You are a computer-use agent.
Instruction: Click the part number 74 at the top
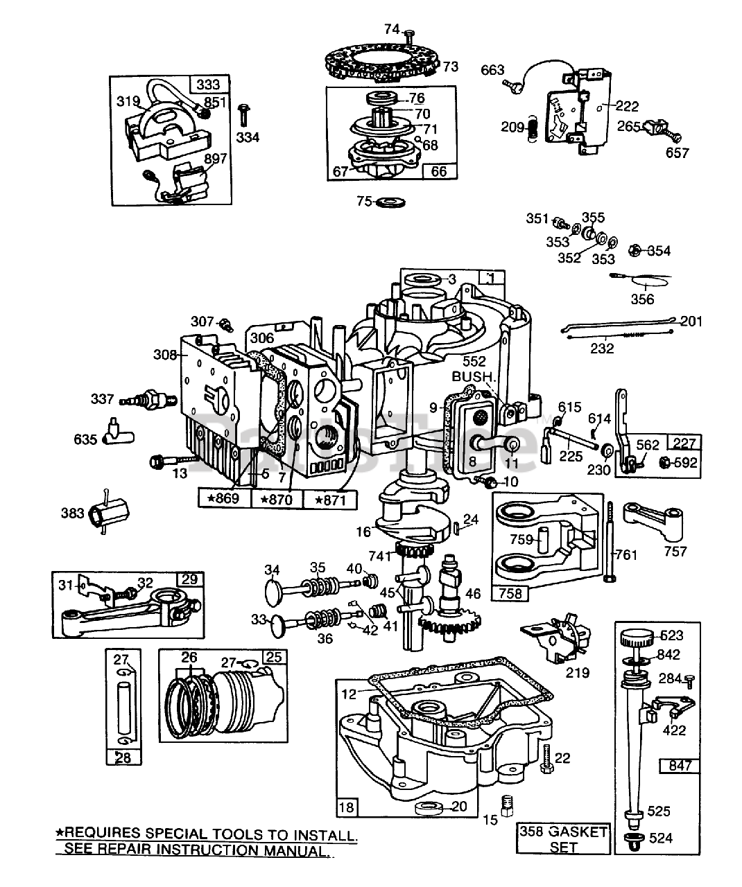392,28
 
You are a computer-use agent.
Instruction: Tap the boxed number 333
208,85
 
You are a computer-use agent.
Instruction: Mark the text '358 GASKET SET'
563,839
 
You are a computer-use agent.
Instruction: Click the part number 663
492,70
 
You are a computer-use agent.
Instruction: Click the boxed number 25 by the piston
275,656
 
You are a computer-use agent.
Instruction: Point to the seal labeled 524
632,840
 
